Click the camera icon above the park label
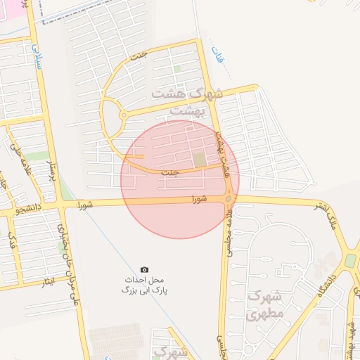click(x=144, y=269)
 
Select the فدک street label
click(x=11, y=243)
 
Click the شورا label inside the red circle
click(x=200, y=199)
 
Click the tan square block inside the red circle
click(x=200, y=160)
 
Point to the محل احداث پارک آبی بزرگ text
click(x=146, y=285)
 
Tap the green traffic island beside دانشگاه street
click(x=349, y=261)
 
